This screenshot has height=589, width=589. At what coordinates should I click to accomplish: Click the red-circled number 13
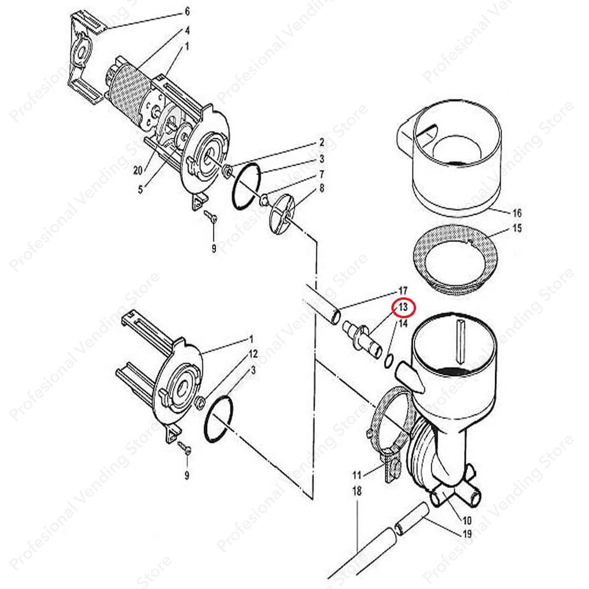coord(404,308)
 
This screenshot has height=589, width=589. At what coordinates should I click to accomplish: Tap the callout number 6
coord(187,11)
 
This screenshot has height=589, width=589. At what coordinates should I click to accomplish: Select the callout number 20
coord(137,171)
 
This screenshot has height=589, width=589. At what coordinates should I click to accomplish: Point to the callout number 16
coord(516,213)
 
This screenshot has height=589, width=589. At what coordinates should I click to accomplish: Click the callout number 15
coord(516,228)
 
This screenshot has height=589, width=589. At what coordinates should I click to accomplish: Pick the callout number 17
coord(403,290)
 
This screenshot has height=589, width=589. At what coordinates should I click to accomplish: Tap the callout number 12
coord(253,354)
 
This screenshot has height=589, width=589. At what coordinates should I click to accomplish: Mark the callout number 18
coord(357,491)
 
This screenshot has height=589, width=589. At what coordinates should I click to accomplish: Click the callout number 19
coord(466,534)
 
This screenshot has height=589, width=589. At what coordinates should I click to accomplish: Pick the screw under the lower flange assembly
coord(185,448)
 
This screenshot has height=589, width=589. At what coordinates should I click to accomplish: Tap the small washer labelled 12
coord(200,402)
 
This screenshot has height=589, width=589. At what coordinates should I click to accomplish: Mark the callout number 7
coord(322,175)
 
